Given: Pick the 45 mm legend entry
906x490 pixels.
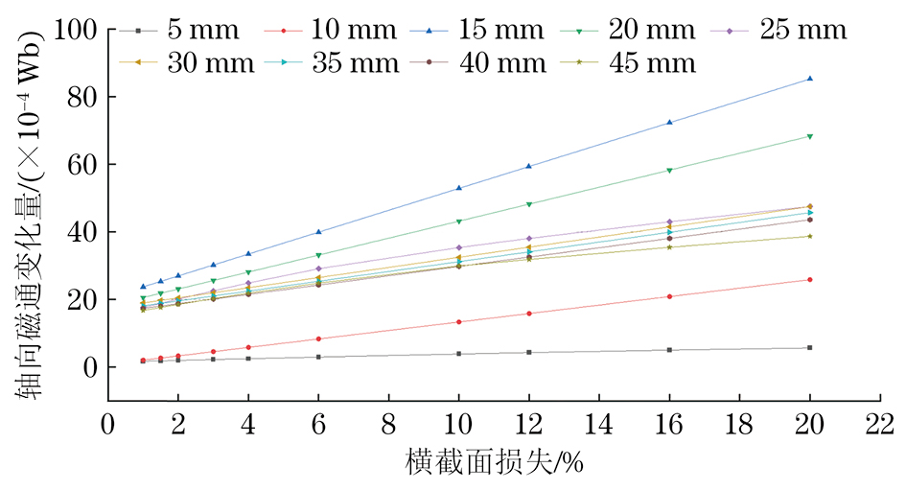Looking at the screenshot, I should tap(642, 63).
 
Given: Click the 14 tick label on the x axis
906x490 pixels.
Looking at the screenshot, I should tap(599, 423).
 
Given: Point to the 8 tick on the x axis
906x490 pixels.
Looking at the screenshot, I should tap(388, 423).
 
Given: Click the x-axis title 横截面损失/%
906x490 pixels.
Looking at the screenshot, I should tap(495, 463).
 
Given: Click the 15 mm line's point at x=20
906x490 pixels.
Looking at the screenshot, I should tap(810, 79).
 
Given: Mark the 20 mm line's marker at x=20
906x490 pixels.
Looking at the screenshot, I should tap(810, 136).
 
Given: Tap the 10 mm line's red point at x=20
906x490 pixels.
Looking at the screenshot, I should tap(810, 280).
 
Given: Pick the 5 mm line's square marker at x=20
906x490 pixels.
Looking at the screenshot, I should tap(810, 347).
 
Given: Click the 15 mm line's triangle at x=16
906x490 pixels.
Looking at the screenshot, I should tap(669, 123).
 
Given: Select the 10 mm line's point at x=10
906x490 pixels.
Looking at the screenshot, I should tap(458, 322).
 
